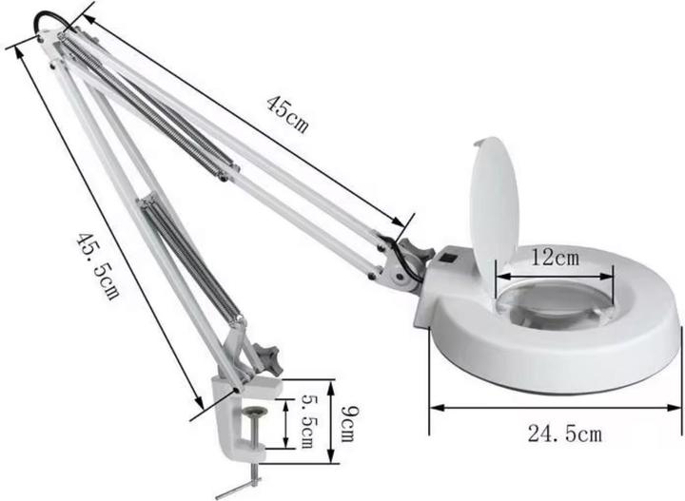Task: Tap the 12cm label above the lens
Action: (555, 258)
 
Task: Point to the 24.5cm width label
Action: (564, 434)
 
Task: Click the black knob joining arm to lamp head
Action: (410, 260)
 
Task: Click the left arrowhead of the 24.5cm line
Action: (434, 407)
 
